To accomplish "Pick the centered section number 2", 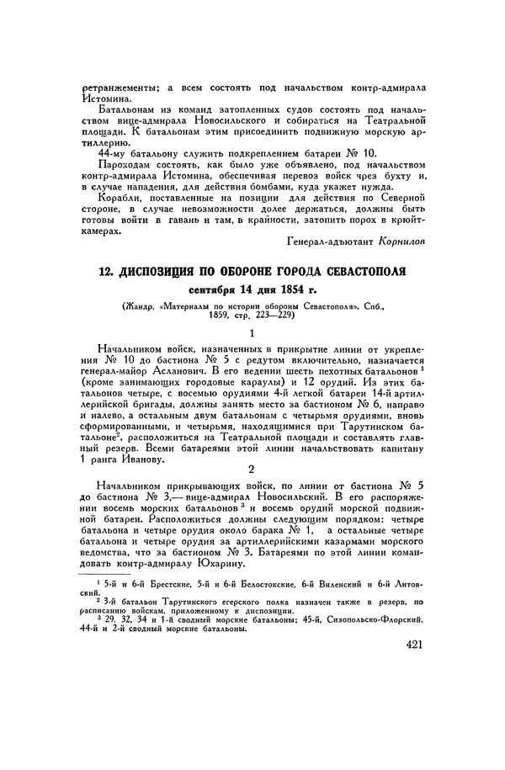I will (253, 469).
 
